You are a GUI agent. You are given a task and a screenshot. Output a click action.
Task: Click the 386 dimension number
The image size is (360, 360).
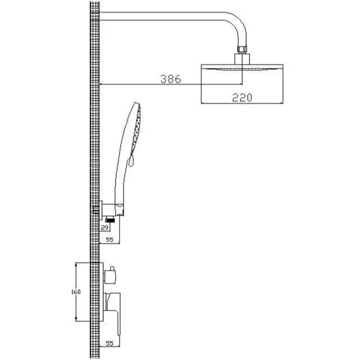(171, 79)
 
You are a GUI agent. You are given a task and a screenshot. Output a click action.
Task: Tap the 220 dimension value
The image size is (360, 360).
(242, 98)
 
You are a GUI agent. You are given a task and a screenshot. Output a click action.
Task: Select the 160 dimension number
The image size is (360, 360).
(76, 292)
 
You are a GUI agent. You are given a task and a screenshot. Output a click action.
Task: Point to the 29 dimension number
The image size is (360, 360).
(104, 228)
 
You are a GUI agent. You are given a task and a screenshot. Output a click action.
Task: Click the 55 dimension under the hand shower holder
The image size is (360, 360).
(109, 239)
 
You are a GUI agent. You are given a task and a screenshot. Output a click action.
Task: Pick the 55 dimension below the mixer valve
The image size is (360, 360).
(109, 343)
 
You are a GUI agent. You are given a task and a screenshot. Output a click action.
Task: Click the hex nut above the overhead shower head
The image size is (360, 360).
(242, 50)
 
